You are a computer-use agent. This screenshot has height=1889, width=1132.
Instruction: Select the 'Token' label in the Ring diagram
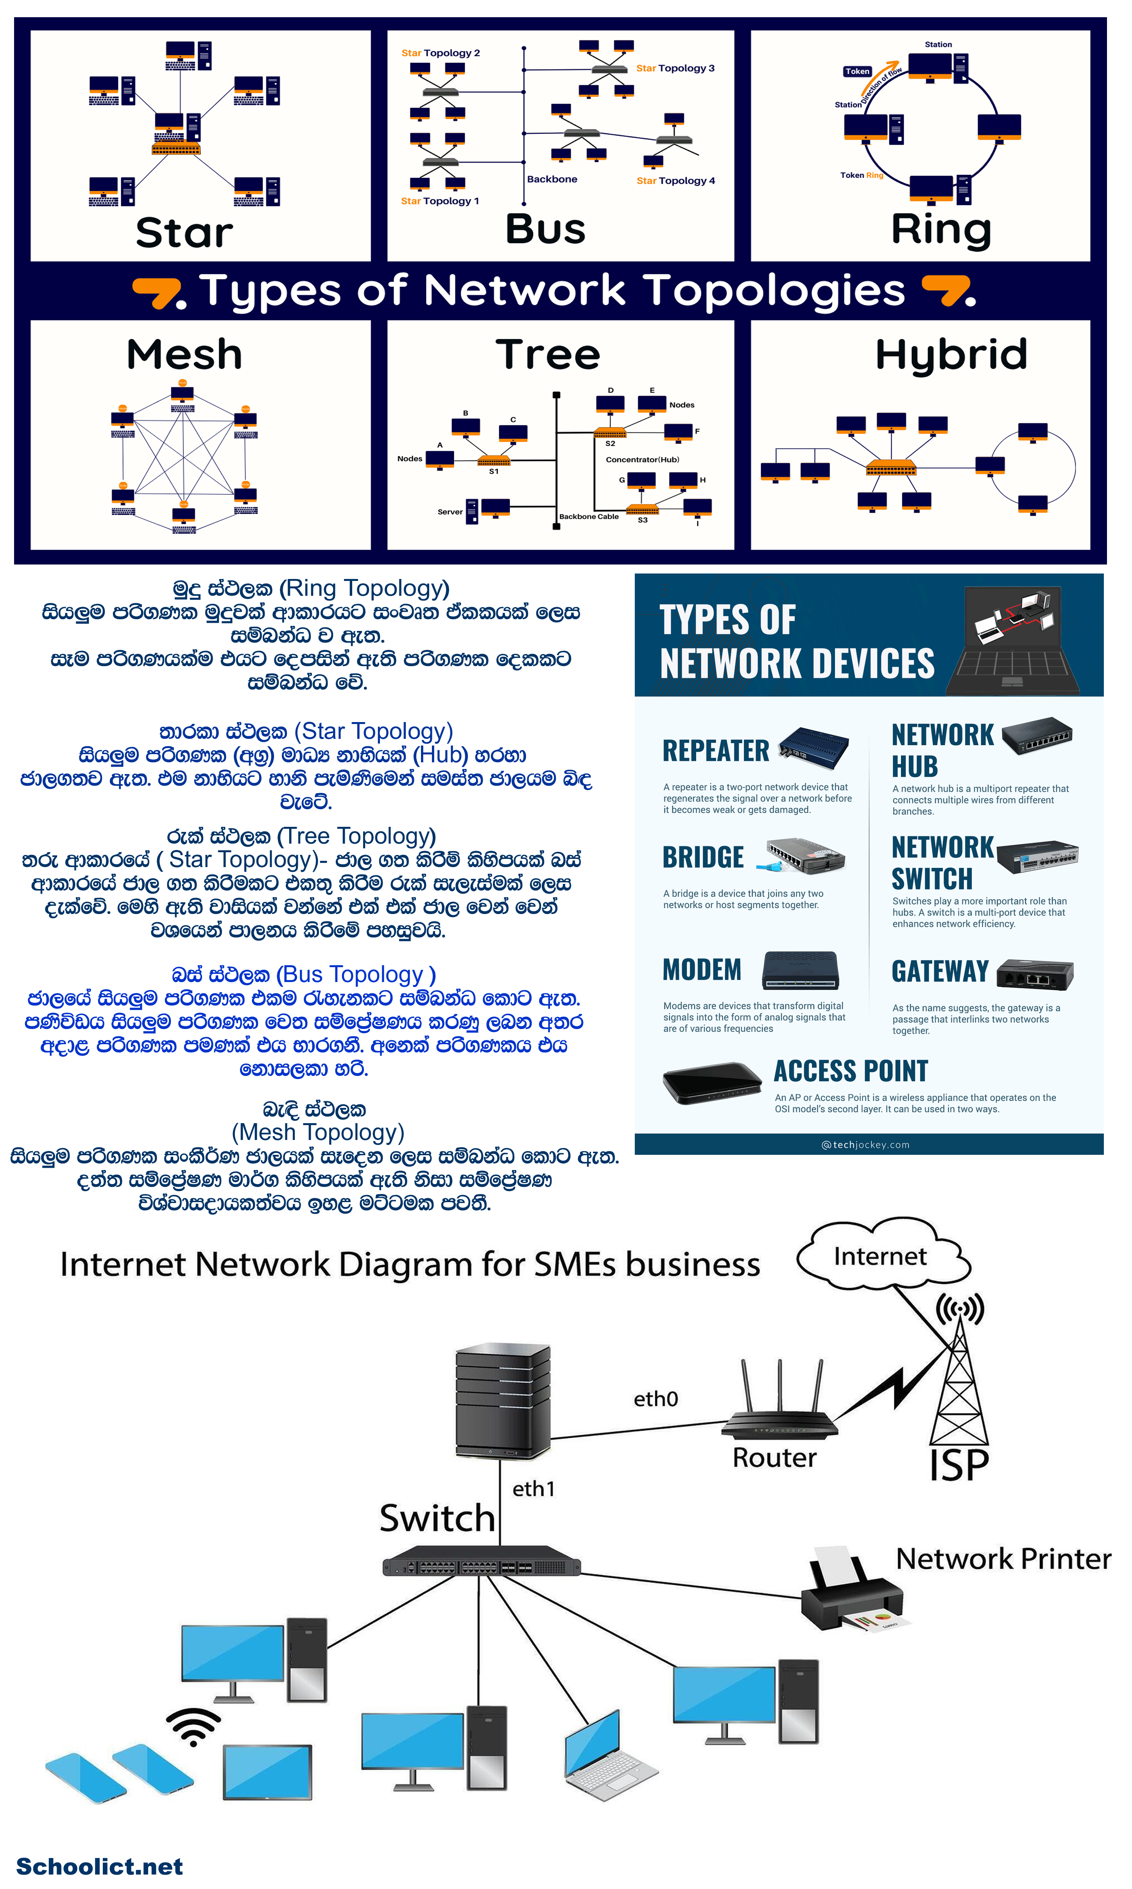click(857, 72)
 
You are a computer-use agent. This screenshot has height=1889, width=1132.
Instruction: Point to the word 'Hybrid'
click(951, 355)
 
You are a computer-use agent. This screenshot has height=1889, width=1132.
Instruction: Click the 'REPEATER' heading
click(715, 751)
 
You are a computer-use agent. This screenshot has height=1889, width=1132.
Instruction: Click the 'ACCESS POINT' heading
click(851, 1071)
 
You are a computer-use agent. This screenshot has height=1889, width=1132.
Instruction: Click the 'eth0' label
click(655, 1398)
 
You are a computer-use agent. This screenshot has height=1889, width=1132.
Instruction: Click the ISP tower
click(959, 1381)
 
